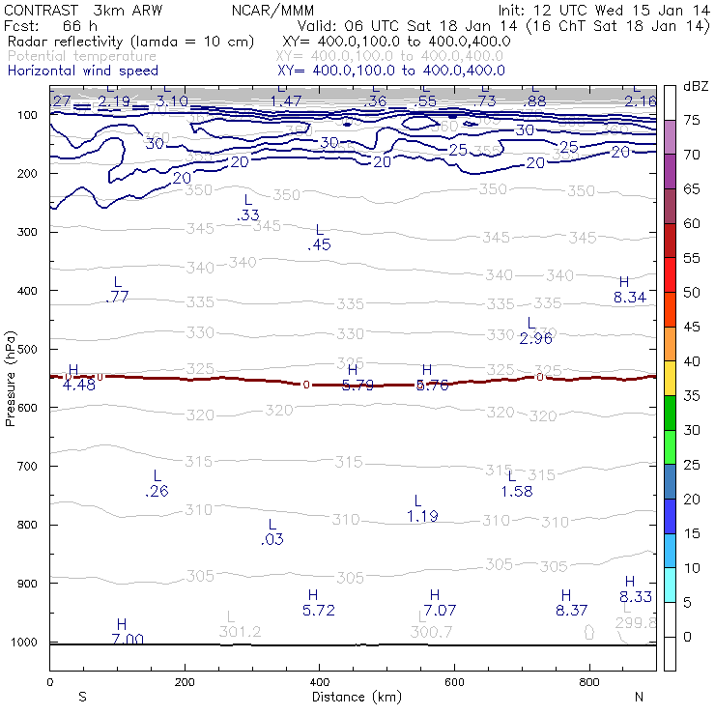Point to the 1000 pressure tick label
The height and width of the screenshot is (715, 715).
[x=27, y=643]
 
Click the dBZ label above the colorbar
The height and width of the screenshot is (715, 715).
[x=696, y=86]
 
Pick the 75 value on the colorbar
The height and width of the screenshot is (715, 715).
[x=693, y=120]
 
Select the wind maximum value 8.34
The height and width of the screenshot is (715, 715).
[x=630, y=298]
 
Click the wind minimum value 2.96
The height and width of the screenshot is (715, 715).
[x=535, y=339]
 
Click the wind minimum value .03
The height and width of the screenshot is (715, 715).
[x=272, y=540]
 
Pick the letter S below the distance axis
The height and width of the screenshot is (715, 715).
[x=82, y=697]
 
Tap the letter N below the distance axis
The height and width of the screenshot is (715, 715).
[x=639, y=697]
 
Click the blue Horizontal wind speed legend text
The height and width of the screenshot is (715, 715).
[x=83, y=71]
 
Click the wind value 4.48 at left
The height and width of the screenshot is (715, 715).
[x=79, y=386]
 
